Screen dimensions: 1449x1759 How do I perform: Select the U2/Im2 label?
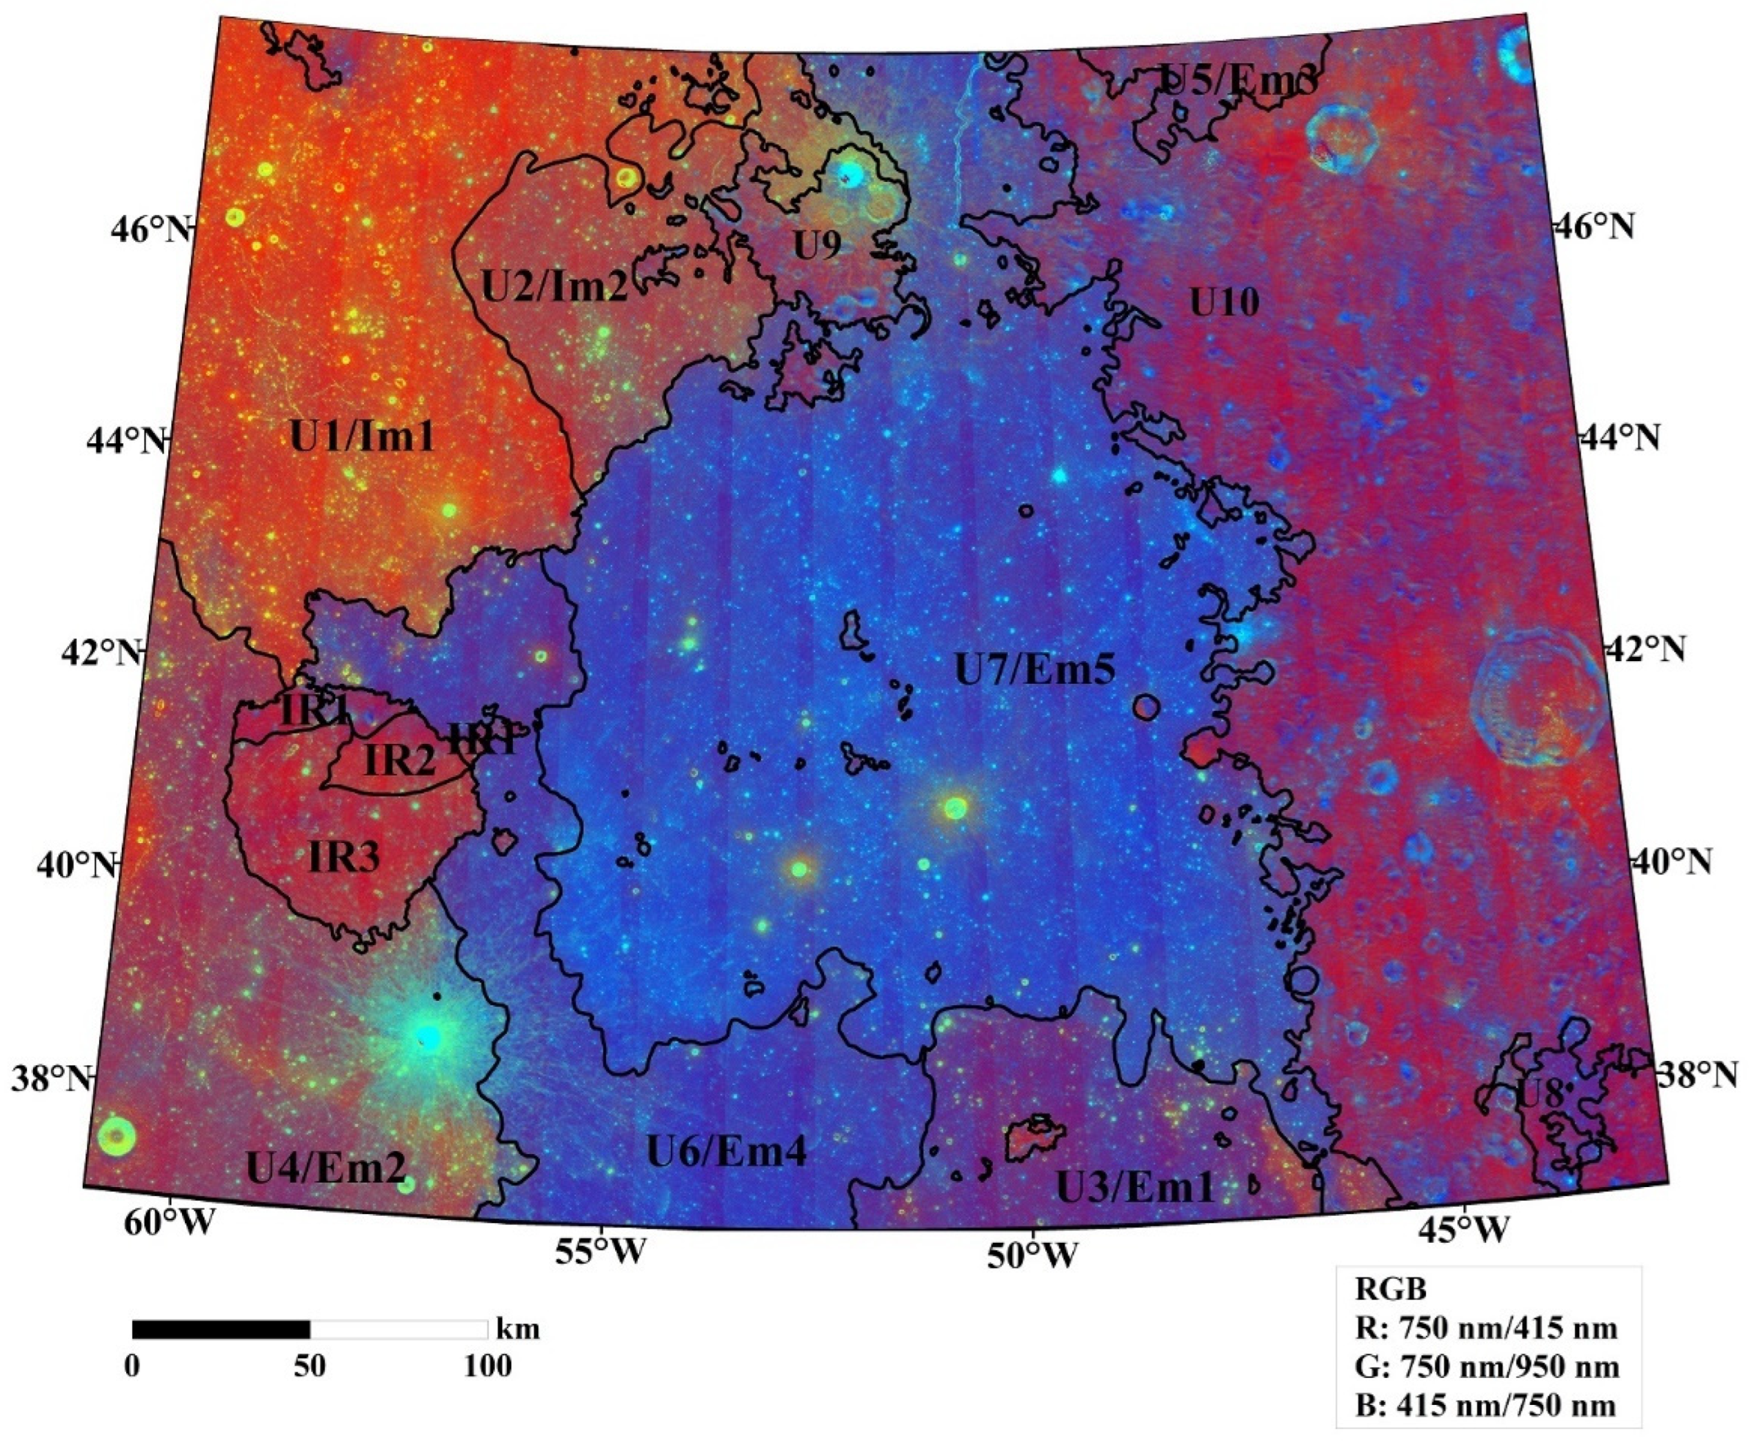pyautogui.click(x=554, y=286)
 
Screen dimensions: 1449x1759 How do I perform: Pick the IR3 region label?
pyautogui.click(x=344, y=856)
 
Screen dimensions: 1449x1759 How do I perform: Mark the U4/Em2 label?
pyautogui.click(x=325, y=1168)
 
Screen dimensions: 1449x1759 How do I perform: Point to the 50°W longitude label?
pyautogui.click(x=1032, y=1255)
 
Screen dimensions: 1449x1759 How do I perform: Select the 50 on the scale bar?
pyautogui.click(x=310, y=1366)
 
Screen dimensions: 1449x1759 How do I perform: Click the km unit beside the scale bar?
pyautogui.click(x=518, y=1328)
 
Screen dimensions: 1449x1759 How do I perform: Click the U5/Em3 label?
pyautogui.click(x=1239, y=80)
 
